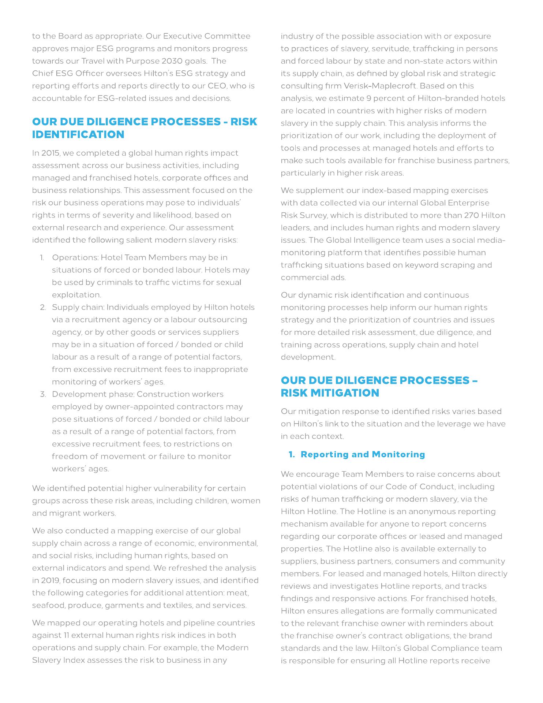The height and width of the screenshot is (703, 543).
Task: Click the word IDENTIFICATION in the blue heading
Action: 78,134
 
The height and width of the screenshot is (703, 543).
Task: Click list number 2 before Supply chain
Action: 43,307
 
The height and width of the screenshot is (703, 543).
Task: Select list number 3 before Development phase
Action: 43,394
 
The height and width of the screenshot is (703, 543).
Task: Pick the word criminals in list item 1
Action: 113,282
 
